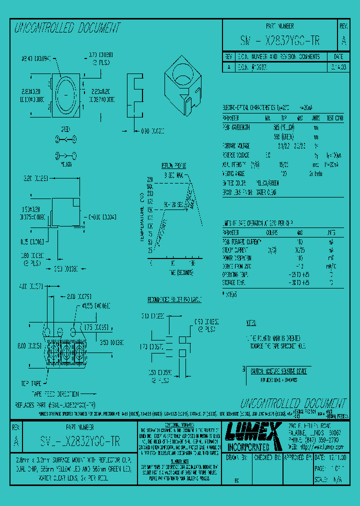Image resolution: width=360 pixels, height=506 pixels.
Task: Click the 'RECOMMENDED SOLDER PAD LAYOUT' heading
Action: coord(173,299)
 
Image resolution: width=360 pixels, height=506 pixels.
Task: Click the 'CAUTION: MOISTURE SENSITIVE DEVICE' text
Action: coord(278,371)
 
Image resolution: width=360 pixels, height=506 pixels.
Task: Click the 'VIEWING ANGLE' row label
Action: coord(235,172)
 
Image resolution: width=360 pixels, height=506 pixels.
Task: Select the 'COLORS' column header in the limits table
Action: coord(272,233)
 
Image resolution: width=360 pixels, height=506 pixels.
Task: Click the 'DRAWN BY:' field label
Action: coord(236,457)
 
